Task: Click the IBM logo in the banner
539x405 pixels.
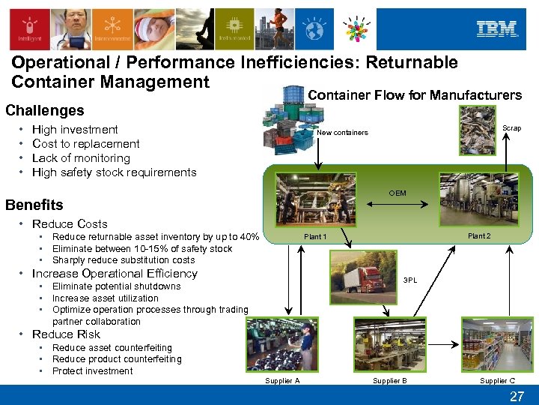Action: point(497,29)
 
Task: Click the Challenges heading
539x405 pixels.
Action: point(45,110)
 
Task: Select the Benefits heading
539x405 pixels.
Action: point(34,205)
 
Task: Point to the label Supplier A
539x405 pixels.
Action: point(282,381)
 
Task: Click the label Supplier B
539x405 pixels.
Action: point(390,381)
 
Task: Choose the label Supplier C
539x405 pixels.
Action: point(497,381)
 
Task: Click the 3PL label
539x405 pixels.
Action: point(410,280)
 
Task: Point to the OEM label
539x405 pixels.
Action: point(398,193)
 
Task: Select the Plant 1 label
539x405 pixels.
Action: point(314,237)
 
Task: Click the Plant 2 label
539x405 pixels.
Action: point(479,236)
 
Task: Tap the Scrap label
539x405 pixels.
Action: point(511,128)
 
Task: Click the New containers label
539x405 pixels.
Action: point(342,133)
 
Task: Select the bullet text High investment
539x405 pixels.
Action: point(75,130)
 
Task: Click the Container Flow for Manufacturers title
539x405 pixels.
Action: point(415,95)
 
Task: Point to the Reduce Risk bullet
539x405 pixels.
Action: point(66,334)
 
